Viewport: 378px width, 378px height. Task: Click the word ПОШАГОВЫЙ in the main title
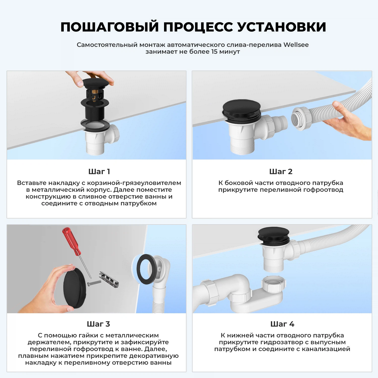tap(110, 27)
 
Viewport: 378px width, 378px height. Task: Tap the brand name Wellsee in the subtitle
tap(296, 45)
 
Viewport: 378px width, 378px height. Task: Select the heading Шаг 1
tap(99, 172)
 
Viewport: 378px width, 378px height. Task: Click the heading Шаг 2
tap(281, 172)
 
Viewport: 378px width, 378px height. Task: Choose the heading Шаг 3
tap(98, 324)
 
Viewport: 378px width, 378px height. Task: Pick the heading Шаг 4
tap(282, 324)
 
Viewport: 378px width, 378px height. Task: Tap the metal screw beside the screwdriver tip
tap(94, 283)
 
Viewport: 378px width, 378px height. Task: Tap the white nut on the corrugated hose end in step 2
tap(301, 118)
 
